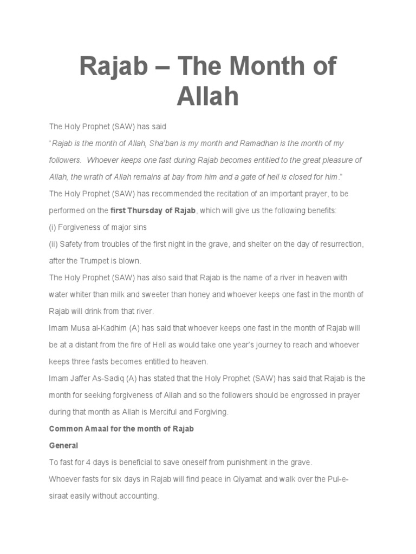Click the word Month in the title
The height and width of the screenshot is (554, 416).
point(241,67)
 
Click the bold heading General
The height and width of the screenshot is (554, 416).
point(64,445)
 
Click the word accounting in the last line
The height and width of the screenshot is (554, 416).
point(139,496)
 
